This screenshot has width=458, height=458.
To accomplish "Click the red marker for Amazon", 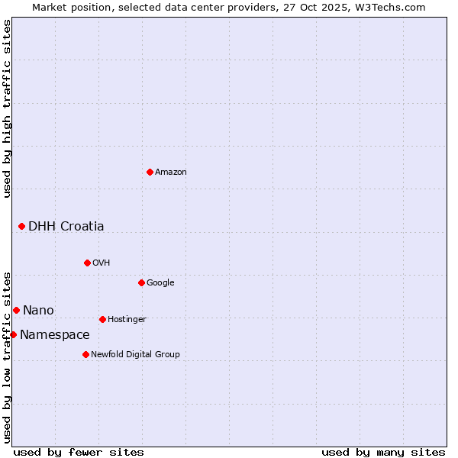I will tap(150, 172).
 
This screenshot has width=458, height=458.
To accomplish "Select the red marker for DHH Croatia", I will tap(21, 226).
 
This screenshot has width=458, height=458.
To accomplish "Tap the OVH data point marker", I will tap(87, 263).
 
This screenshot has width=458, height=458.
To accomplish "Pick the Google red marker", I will tap(141, 282).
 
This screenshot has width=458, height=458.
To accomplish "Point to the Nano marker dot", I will tap(16, 310).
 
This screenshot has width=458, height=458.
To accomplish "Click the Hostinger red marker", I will tap(102, 319).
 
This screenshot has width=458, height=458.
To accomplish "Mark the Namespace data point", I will tap(13, 334).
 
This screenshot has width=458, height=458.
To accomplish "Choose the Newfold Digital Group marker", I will tap(85, 354).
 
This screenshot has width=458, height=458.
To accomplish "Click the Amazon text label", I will tap(171, 173).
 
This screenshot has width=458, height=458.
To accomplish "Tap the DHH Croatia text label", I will tap(66, 226).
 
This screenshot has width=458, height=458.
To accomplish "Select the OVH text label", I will tap(102, 263).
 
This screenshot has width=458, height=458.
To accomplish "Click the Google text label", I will tap(160, 283).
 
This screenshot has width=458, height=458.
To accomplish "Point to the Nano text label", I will tap(38, 310).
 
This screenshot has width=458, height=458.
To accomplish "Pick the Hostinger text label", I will tap(127, 320).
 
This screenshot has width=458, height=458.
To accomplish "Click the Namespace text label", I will tap(55, 334).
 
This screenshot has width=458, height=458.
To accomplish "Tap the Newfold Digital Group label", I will tap(135, 355).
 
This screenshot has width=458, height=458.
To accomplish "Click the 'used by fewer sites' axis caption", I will tap(79, 452).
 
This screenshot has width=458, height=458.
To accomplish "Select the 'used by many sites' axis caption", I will tap(383, 452).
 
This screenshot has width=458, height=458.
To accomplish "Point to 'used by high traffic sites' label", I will tap(7, 108).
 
